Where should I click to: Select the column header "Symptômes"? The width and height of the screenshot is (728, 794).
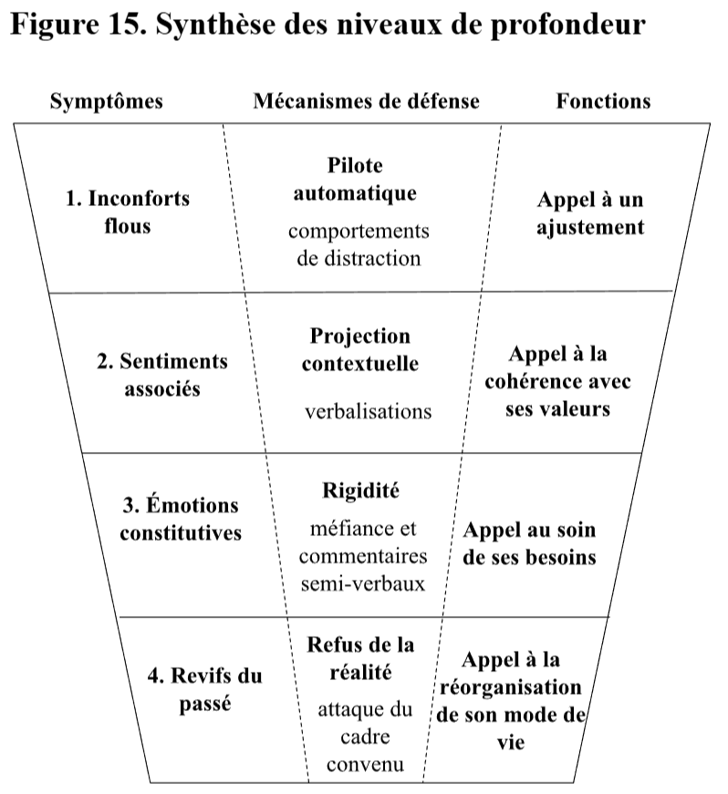click(x=106, y=100)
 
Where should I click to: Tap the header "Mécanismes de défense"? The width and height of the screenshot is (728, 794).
click(x=366, y=100)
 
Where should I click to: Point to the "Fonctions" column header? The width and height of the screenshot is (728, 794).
click(x=603, y=100)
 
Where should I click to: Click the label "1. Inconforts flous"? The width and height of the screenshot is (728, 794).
click(x=127, y=211)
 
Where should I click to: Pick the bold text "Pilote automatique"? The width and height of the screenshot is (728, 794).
click(x=355, y=180)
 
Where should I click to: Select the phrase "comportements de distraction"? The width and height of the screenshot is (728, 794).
click(x=359, y=244)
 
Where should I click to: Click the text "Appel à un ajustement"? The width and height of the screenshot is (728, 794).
click(x=590, y=213)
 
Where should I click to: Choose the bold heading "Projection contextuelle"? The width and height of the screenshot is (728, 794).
click(x=360, y=350)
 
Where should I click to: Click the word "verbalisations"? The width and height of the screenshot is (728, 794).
click(x=368, y=410)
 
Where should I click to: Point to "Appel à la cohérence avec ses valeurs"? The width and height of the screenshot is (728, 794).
click(x=557, y=381)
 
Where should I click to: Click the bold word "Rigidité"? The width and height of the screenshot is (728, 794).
click(x=362, y=490)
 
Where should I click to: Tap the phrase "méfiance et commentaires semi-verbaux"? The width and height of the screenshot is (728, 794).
click(x=362, y=556)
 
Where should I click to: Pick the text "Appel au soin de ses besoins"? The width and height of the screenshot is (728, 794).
click(x=529, y=543)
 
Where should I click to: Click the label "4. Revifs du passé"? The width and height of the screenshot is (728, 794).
click(x=204, y=690)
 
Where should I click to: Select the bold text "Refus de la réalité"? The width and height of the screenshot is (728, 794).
click(x=360, y=659)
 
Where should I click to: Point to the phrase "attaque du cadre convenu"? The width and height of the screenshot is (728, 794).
click(x=364, y=737)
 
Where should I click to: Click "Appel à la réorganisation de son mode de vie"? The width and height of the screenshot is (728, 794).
click(x=511, y=700)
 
